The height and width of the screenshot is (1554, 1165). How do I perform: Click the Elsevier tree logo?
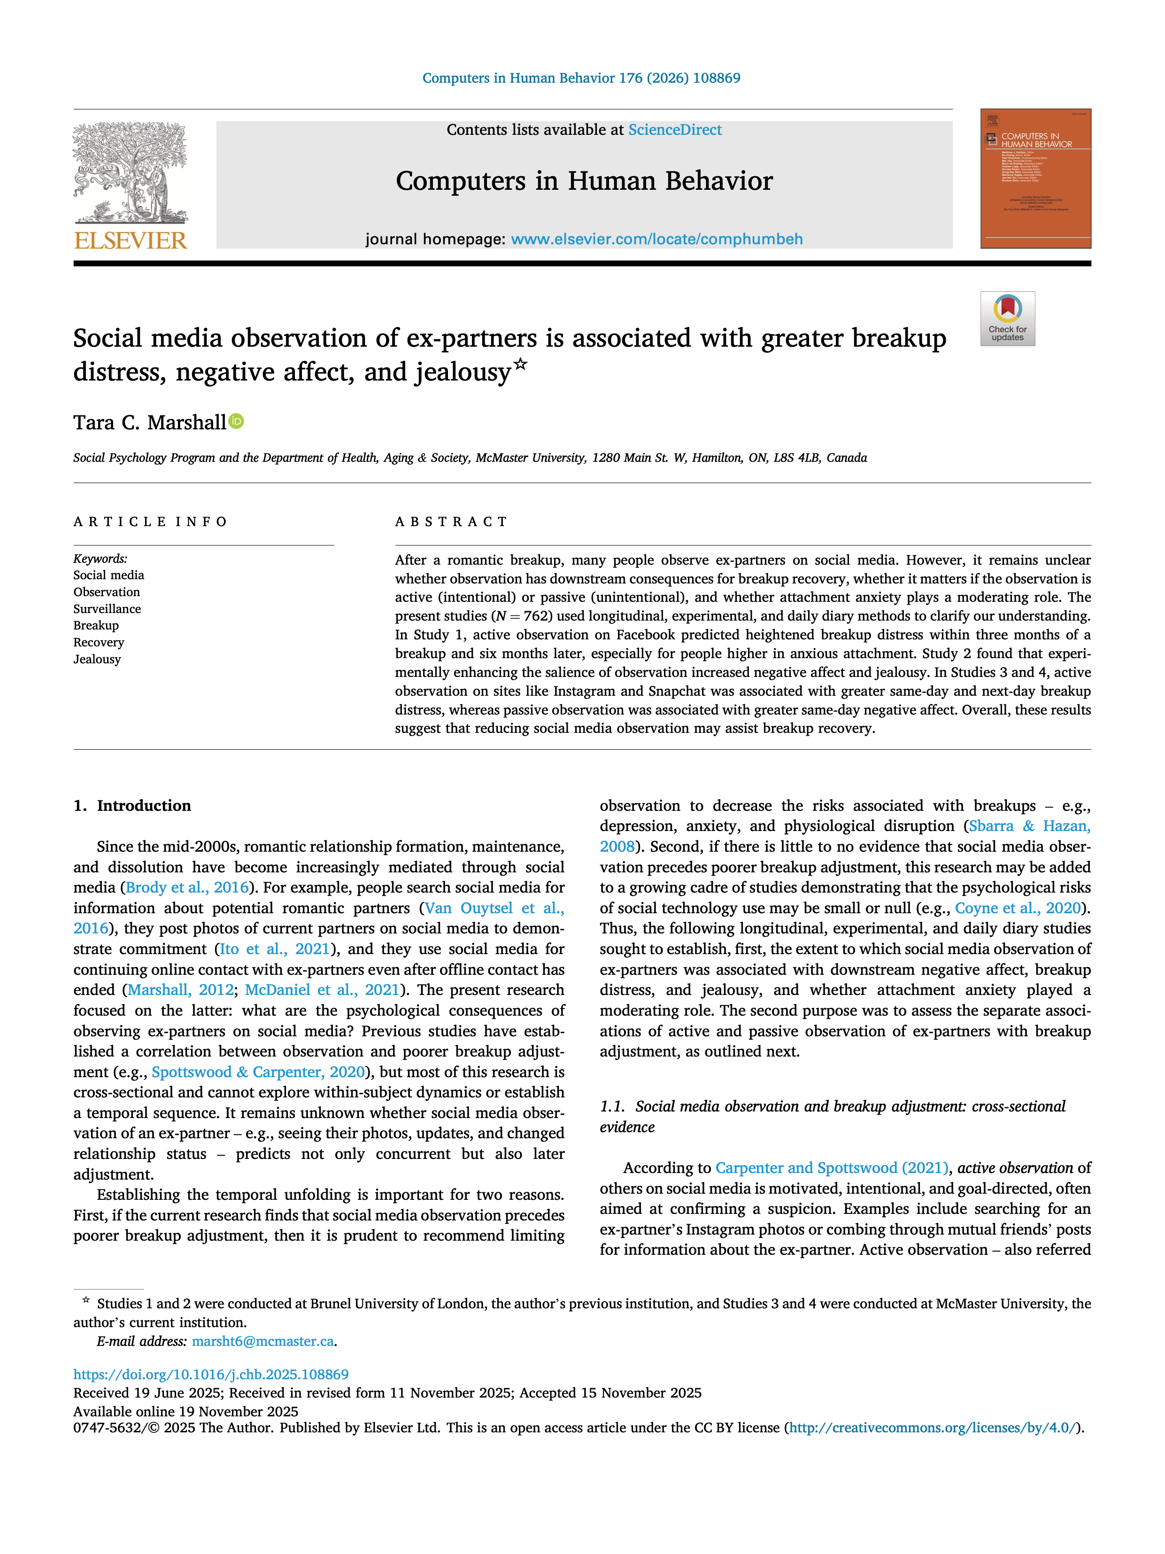tap(131, 172)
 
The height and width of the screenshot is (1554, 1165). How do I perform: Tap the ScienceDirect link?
tap(674, 130)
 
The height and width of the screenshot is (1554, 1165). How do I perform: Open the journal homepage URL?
tap(656, 240)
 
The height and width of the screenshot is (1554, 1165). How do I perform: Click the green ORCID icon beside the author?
tap(237, 421)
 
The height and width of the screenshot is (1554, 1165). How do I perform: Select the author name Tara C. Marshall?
tap(150, 423)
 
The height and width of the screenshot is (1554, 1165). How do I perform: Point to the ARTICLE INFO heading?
tap(150, 521)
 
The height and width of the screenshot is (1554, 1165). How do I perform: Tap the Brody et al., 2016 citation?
tap(187, 888)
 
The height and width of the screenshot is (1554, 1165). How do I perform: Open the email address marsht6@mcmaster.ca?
tap(262, 1341)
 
